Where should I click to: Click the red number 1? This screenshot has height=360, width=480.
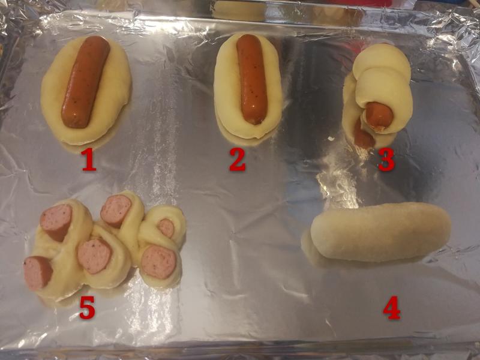(x=89, y=160)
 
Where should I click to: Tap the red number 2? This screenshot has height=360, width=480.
(x=238, y=160)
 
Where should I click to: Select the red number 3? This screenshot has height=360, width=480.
(x=386, y=160)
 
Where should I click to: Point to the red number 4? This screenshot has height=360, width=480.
(x=392, y=308)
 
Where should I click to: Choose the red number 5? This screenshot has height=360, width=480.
(x=87, y=308)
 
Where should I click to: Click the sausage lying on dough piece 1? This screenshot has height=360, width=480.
(x=85, y=82)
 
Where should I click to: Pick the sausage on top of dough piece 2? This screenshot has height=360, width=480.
(x=251, y=79)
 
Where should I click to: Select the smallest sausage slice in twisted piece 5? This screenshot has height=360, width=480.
(x=166, y=228)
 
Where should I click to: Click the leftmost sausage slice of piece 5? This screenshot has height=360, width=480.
(x=37, y=272)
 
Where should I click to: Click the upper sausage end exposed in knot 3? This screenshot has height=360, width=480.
(x=379, y=116)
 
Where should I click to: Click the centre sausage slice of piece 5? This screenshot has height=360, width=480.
(x=94, y=256)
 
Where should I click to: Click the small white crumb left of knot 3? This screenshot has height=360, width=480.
(x=331, y=139)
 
